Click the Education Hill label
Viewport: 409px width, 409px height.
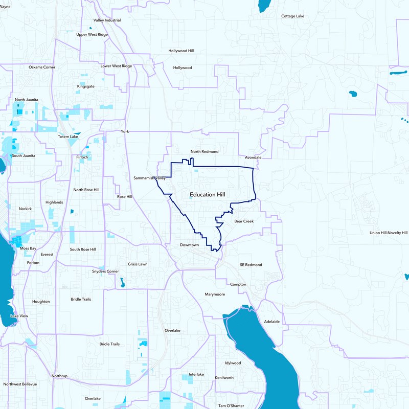tap(207, 195)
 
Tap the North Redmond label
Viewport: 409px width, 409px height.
tap(204, 152)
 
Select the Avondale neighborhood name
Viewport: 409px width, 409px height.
tap(253, 157)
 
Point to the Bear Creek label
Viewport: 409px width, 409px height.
tap(244, 221)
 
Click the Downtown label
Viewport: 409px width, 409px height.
tap(189, 245)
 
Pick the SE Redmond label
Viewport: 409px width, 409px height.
tap(251, 265)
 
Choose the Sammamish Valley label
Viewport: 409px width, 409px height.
tap(150, 178)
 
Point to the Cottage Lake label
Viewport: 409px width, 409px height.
tap(292, 16)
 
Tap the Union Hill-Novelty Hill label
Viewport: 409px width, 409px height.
tap(388, 233)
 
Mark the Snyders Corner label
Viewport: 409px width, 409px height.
tap(105, 271)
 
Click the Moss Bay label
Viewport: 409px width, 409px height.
tap(28, 248)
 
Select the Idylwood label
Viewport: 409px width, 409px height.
tap(233, 363)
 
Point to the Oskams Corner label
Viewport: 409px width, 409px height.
tap(42, 67)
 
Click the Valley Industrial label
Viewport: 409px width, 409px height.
tap(107, 20)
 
